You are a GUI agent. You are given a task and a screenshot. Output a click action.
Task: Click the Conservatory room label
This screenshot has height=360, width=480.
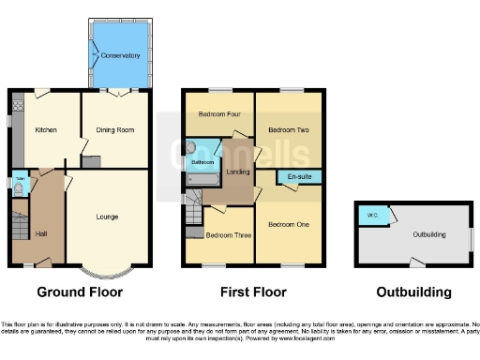[121, 54]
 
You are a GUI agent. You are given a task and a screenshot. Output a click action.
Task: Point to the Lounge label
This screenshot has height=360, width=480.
[107, 217]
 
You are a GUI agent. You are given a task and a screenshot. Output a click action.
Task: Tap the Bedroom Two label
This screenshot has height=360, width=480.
[289, 129]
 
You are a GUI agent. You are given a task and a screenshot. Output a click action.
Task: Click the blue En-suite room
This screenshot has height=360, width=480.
[299, 176]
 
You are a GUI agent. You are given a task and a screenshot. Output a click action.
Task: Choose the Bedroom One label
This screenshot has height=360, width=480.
[289, 225]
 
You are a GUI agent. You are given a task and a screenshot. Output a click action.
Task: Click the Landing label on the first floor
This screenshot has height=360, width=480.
[238, 172]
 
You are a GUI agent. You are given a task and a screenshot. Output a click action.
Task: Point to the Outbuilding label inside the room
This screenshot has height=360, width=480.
[429, 234]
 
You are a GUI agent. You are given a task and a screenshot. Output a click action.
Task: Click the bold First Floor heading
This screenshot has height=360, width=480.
[253, 292]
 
